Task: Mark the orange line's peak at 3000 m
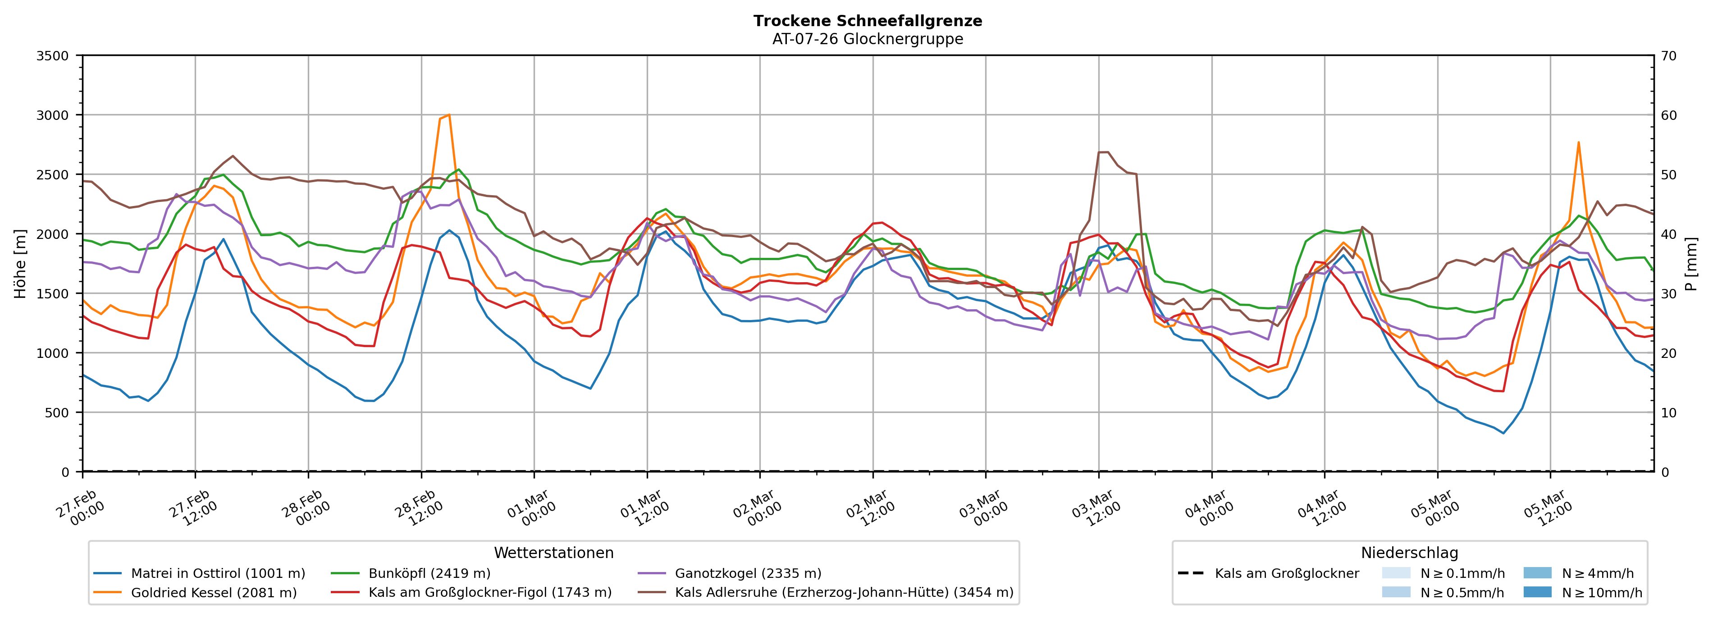[449, 115]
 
